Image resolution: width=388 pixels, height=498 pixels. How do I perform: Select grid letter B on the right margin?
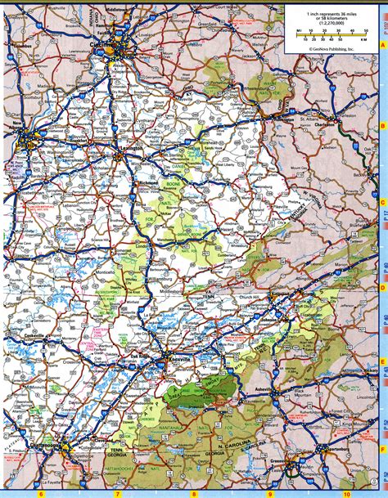(x=381, y=126)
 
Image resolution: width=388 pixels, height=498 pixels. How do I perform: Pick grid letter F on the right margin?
(x=381, y=448)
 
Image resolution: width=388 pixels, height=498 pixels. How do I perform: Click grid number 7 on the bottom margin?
(x=116, y=493)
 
